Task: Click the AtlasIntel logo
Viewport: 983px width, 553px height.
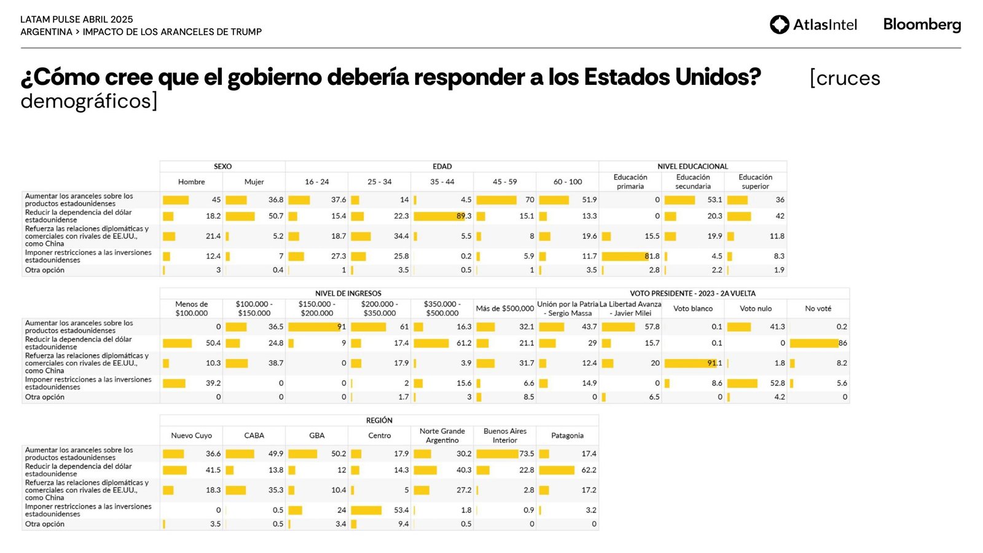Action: coord(813,25)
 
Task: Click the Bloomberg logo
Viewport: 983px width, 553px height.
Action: coord(922,25)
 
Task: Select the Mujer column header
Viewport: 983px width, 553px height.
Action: coord(254,182)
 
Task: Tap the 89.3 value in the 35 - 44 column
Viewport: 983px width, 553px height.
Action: coord(464,216)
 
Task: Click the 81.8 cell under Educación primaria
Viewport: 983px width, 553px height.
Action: coord(652,256)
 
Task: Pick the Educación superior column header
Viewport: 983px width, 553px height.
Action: coord(755,182)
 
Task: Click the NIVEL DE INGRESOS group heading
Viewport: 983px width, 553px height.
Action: coord(348,294)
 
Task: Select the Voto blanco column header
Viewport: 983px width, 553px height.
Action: coord(692,308)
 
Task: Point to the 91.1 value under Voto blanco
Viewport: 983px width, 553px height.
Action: coord(715,363)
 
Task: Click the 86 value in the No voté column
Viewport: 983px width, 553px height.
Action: coord(842,343)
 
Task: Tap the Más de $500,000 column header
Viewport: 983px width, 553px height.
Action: coord(504,308)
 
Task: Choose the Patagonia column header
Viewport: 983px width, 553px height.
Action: coord(567,436)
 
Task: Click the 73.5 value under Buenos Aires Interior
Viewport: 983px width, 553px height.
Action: coord(527,454)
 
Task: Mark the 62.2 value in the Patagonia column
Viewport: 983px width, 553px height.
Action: coord(589,470)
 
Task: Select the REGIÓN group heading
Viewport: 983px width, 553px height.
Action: coord(379,420)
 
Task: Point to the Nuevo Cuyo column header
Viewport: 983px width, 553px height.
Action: coord(191,436)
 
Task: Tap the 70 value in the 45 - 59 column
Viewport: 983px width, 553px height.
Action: coord(529,200)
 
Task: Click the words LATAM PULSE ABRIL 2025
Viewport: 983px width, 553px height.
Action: coord(77,20)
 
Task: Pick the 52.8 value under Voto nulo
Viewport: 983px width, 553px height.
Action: coord(777,383)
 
